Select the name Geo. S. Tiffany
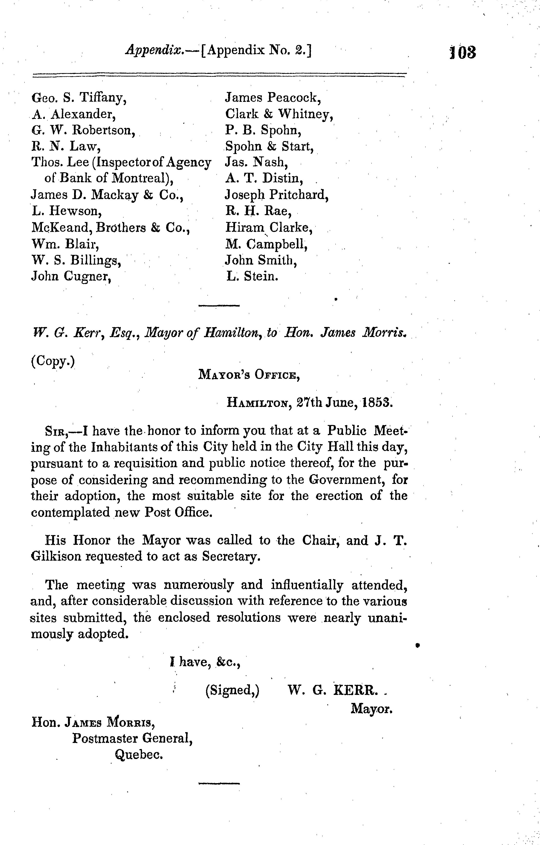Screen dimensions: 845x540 coord(79,98)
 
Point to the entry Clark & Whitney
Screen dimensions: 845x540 coord(279,114)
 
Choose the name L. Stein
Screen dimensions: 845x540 coord(253,277)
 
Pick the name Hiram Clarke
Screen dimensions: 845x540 coord(269,228)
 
